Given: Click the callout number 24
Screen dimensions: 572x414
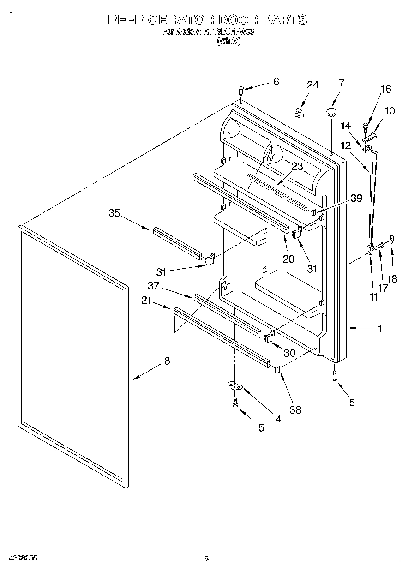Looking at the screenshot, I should [x=312, y=85].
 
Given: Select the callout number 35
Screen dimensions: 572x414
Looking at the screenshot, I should [x=114, y=213].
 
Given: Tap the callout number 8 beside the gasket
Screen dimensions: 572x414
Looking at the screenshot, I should [x=167, y=361].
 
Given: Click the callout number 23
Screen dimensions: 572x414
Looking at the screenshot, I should [x=297, y=167].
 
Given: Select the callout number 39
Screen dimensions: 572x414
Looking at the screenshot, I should [x=356, y=199].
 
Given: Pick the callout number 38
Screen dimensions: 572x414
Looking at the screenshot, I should [x=295, y=409].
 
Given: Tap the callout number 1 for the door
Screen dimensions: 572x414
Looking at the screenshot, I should [x=380, y=328].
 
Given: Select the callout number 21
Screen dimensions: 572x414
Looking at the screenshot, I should [x=146, y=301].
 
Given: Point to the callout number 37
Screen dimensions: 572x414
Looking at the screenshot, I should [x=153, y=286].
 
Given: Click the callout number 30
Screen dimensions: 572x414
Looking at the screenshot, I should [x=289, y=353].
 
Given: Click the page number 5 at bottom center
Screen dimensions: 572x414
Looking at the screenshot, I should [x=207, y=559].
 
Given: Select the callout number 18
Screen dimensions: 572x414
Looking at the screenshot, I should [x=393, y=279].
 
